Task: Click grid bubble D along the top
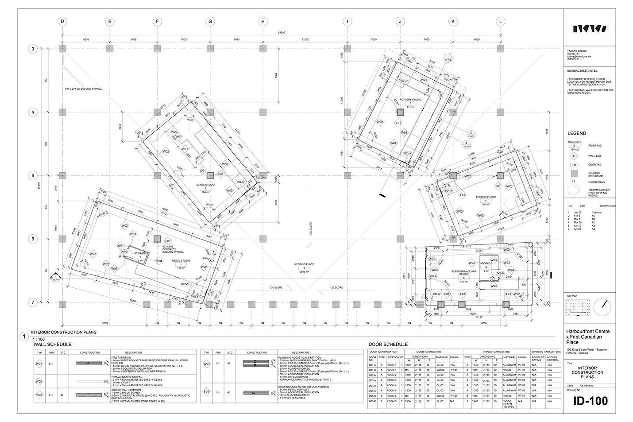tap(62, 21)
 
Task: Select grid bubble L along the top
tap(501, 21)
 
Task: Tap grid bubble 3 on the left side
tap(33, 49)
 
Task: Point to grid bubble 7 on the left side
tap(33, 303)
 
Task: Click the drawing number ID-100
tap(591, 401)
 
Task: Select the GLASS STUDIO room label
tap(205, 185)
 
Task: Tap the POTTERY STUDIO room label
tap(410, 100)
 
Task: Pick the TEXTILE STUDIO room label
tap(486, 197)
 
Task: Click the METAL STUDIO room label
tap(181, 261)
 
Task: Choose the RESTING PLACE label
tap(304, 264)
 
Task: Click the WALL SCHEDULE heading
tap(52, 344)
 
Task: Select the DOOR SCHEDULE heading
tap(388, 344)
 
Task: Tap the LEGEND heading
tap(576, 133)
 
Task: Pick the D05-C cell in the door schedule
tap(372, 401)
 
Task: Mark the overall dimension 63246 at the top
tap(282, 32)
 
